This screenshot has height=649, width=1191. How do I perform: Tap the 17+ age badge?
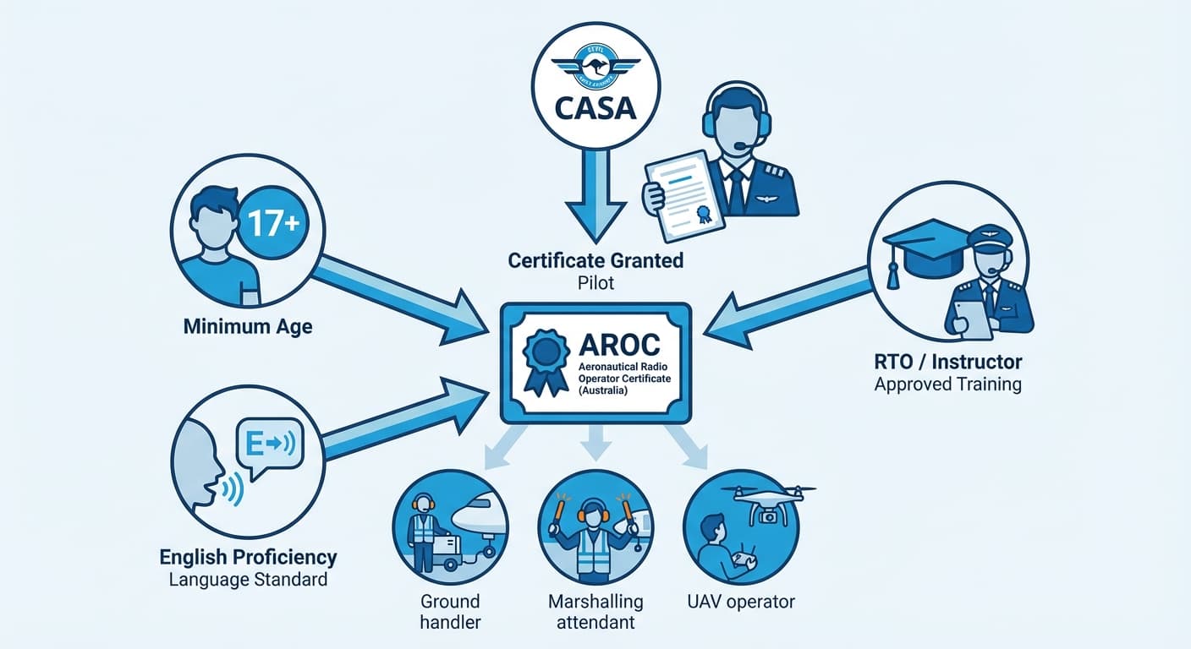[274, 223]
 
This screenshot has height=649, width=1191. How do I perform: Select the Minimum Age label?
[248, 325]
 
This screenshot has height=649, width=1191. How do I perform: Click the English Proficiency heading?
[248, 558]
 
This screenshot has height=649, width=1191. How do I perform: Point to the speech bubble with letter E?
[269, 444]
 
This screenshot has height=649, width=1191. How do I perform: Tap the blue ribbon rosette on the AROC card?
[546, 360]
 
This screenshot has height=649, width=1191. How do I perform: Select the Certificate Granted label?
[595, 260]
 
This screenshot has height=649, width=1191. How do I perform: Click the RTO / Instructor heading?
[947, 362]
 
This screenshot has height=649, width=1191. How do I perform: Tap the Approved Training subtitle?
[947, 384]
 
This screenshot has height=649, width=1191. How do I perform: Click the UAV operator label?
[741, 602]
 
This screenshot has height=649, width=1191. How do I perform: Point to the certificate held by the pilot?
[685, 194]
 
